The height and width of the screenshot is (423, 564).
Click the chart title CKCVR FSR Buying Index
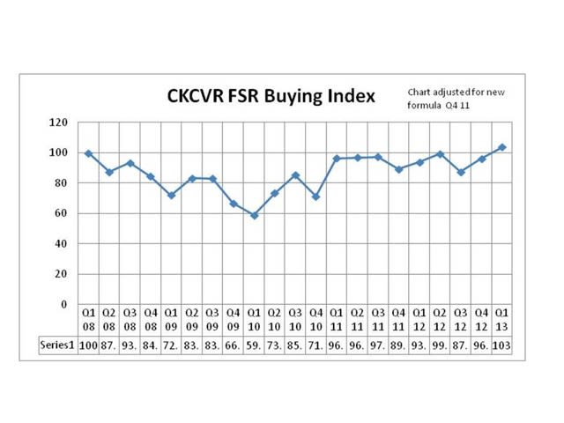coord(271,95)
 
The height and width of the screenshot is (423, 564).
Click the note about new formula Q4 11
coord(456,100)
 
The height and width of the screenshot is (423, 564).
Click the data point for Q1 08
coord(88,153)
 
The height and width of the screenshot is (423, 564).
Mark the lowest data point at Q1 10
coord(254,215)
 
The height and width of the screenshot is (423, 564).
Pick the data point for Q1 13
coord(502,147)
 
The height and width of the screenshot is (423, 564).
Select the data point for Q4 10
coord(315,197)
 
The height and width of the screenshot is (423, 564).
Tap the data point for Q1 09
coord(171,195)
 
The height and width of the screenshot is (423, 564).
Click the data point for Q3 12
coord(461,172)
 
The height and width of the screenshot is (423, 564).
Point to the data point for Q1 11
coord(337,159)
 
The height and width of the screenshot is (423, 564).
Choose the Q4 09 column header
coord(234,319)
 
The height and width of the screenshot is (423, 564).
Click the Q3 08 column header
coord(130,319)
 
